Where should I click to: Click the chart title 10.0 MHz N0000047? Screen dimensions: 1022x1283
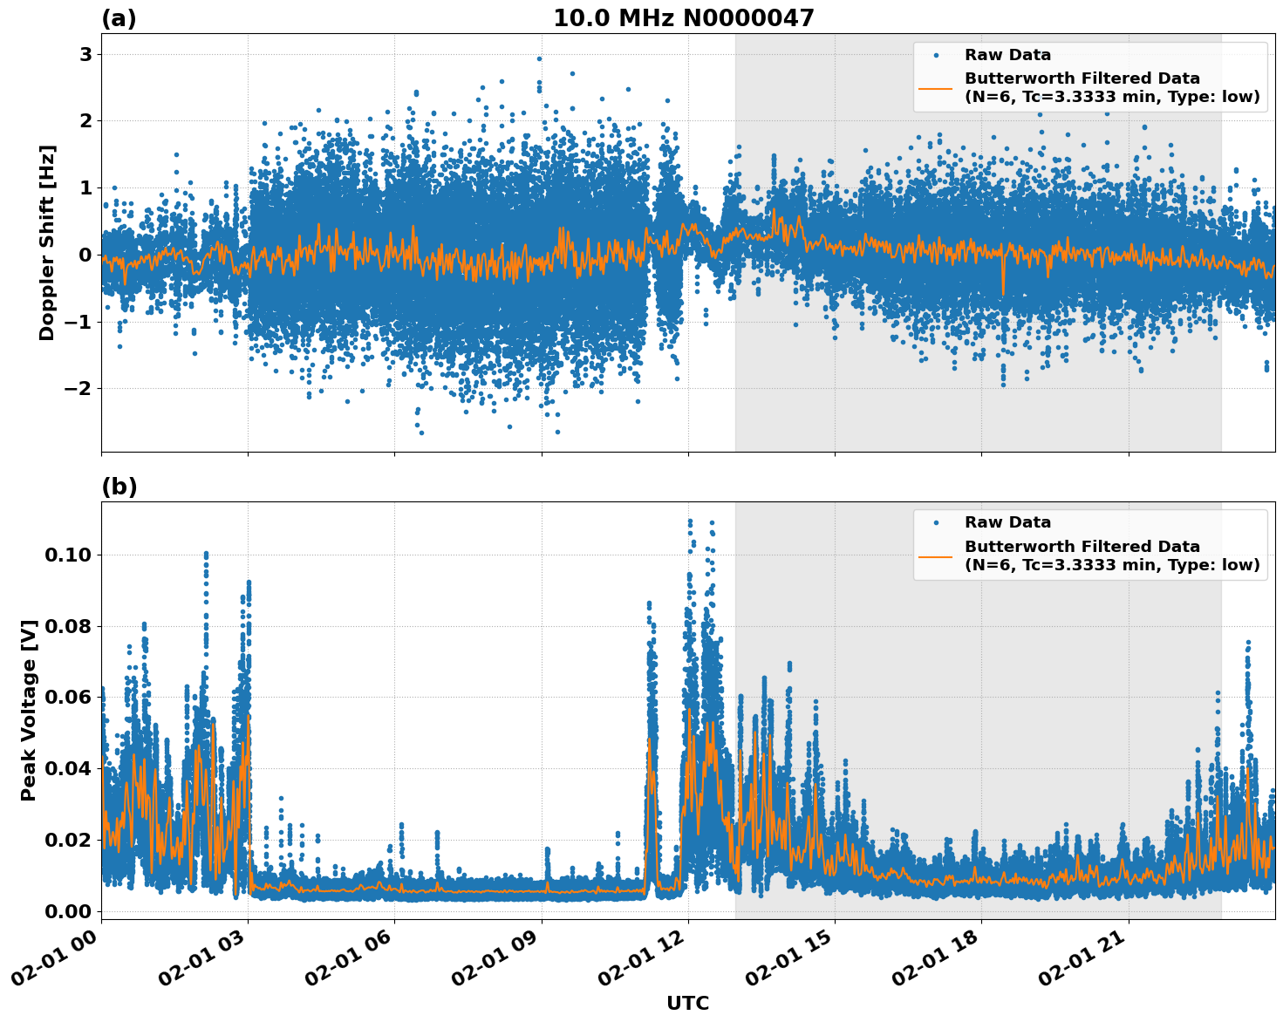click(x=683, y=18)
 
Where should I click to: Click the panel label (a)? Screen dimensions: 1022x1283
click(x=119, y=18)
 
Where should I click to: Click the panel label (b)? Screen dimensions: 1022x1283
click(x=119, y=487)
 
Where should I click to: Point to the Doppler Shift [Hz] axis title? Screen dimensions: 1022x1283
click(x=47, y=242)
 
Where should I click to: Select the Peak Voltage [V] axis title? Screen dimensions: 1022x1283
click(x=29, y=711)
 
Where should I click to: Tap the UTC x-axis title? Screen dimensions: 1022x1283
click(x=687, y=1003)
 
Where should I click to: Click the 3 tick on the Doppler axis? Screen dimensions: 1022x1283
click(x=86, y=54)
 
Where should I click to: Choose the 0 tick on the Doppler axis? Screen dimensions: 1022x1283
click(x=86, y=255)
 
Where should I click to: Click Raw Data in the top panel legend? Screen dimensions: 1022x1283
click(x=1007, y=55)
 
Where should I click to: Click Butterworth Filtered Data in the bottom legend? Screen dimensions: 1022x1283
click(x=1082, y=547)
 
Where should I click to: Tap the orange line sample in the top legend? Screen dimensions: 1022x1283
click(x=935, y=87)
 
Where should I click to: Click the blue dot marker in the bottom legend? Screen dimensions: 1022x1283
click(x=935, y=522)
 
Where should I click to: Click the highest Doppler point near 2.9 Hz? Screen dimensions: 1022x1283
click(x=539, y=59)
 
